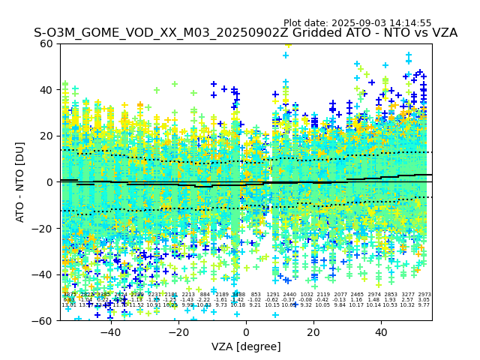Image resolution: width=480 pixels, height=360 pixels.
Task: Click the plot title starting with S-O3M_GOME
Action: point(245,33)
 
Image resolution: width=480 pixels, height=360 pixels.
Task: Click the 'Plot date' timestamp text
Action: point(357,23)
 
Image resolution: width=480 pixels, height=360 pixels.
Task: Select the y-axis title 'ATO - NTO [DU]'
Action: point(21,182)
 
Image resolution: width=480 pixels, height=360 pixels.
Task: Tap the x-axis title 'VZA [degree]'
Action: point(246,346)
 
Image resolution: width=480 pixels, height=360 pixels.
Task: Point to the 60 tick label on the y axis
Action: point(47,43)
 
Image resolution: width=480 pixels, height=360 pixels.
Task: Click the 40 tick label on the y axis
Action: point(47,90)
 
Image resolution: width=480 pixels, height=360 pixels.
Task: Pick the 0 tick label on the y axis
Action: point(50,182)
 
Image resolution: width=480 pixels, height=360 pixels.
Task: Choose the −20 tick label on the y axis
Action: point(44,229)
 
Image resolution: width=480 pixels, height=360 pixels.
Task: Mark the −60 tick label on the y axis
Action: point(44,321)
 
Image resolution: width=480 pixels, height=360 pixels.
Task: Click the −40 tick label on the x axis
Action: point(110,332)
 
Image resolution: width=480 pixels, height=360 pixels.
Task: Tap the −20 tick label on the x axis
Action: point(178,332)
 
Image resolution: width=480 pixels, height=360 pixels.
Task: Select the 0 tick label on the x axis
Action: point(246,332)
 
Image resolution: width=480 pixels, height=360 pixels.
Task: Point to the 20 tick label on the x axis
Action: point(313,332)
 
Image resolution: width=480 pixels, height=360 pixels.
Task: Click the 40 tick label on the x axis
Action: point(381,332)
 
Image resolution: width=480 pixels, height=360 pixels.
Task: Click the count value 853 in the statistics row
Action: point(256,295)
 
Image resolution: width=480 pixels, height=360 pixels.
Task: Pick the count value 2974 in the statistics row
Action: point(373,295)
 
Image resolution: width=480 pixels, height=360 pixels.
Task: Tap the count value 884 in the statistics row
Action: point(205,295)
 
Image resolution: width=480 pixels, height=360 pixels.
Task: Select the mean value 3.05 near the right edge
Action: point(424,300)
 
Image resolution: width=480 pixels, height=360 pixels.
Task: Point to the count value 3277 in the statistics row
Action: point(407,295)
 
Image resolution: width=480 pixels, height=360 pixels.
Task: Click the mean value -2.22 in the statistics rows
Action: point(204,300)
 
